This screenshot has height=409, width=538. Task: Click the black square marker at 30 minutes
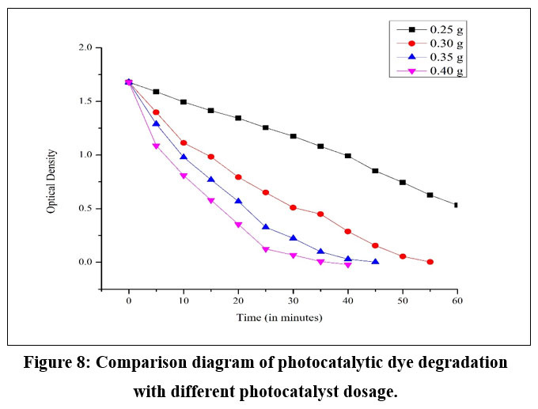[x=293, y=136]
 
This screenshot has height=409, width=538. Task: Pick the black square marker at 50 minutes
[x=403, y=182]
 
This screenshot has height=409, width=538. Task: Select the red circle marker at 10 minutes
[x=184, y=143]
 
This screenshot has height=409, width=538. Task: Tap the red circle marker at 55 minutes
[x=430, y=262]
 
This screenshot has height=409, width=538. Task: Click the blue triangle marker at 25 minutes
[x=266, y=227]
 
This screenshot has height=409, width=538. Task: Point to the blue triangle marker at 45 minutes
[x=375, y=261]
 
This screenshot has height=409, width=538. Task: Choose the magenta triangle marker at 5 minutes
[x=156, y=146]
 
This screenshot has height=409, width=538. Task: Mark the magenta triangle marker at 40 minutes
[x=348, y=265]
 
